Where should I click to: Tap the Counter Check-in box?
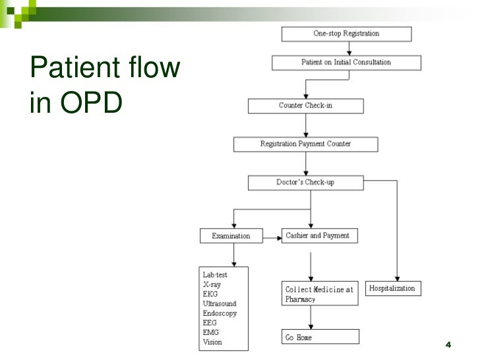[x=305, y=105]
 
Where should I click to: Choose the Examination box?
[x=231, y=235]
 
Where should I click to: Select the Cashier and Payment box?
[x=318, y=235]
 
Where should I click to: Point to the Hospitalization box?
[x=392, y=289]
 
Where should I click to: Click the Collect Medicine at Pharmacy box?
[x=320, y=294]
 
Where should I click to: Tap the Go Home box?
[x=320, y=338]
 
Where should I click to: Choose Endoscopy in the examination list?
[x=220, y=314]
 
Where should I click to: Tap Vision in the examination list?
[x=213, y=342]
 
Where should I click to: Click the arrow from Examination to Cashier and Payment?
[x=272, y=235]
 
